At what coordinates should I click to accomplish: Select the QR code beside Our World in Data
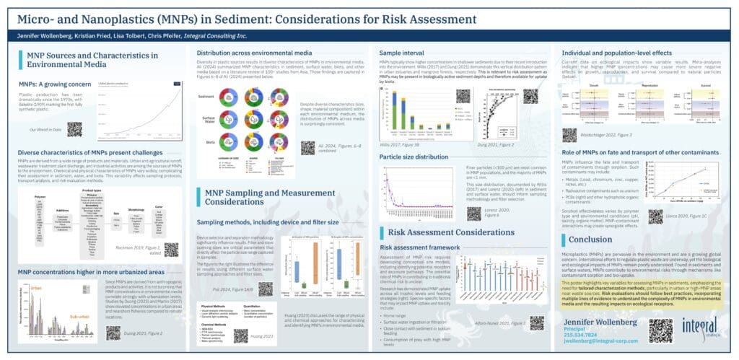point(74,129)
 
